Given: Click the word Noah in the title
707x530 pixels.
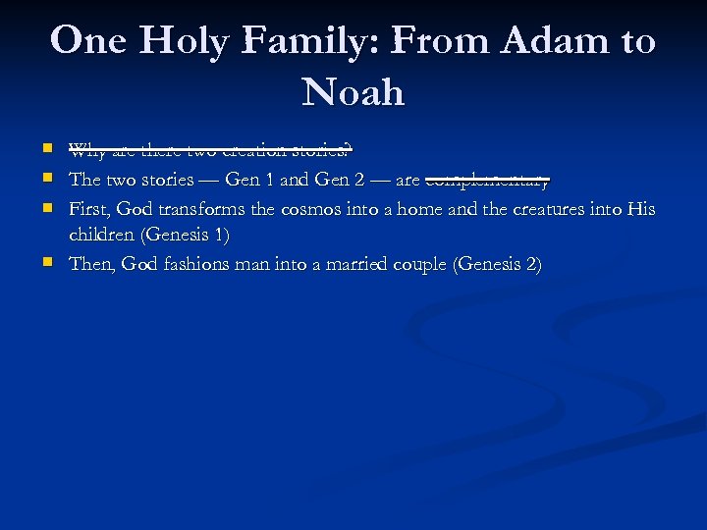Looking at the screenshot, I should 353,93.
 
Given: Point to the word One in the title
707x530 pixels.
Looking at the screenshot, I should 89,41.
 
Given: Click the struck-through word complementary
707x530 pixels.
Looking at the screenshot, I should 487,181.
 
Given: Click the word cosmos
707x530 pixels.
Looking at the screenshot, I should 310,209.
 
